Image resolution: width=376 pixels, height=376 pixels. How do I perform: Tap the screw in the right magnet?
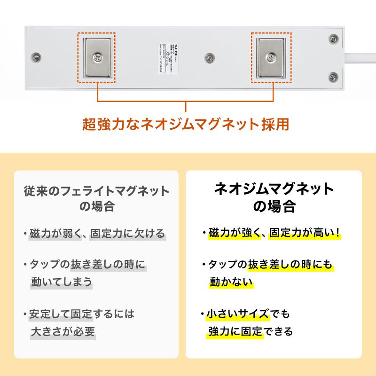point(271,58)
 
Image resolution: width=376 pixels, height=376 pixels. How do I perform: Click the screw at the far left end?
point(36,57)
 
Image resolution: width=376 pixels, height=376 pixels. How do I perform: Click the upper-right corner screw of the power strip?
point(333,39)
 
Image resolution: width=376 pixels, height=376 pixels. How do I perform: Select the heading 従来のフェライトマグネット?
point(96,191)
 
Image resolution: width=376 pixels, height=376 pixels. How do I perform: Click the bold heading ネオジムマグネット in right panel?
point(274,189)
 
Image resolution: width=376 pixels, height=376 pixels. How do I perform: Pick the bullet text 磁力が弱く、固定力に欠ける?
point(97,233)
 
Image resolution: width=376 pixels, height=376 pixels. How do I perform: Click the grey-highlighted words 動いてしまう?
point(61,282)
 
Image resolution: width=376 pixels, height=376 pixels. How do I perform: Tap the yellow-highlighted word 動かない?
point(231,282)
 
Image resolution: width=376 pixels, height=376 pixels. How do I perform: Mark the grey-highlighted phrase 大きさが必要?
point(63,331)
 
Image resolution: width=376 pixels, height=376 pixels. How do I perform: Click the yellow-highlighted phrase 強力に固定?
point(236,331)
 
